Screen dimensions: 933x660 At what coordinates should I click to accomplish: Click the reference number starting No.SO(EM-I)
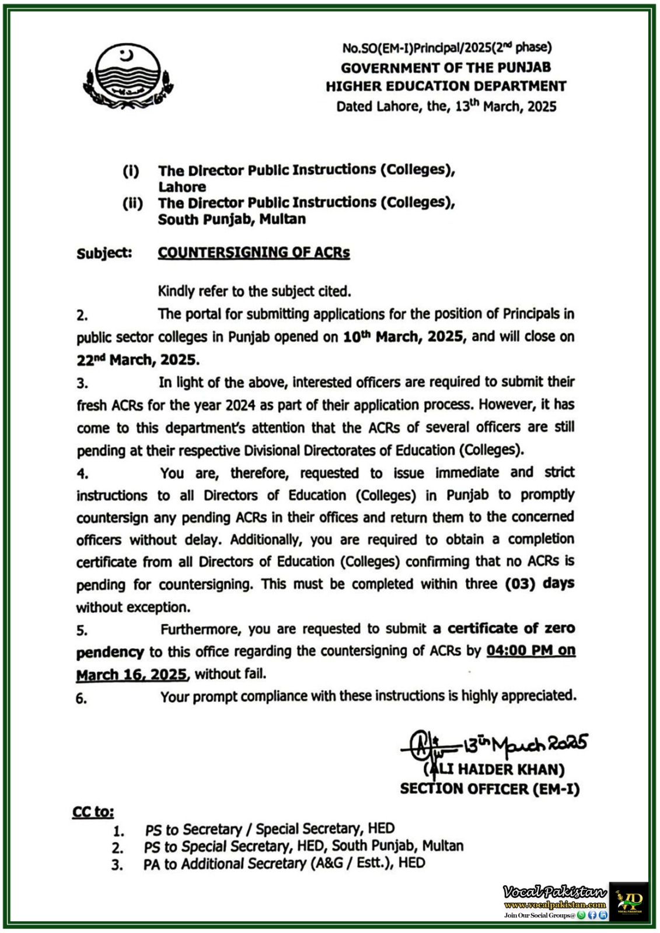[x=446, y=47]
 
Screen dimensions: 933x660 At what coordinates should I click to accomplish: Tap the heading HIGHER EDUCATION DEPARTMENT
[x=446, y=86]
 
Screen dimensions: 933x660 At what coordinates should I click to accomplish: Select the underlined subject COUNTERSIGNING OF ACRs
[x=254, y=252]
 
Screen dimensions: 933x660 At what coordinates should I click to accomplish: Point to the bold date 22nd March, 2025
[x=138, y=360]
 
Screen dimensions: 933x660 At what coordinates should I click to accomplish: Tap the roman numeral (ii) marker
[x=132, y=204]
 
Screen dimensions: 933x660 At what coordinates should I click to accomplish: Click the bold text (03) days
[x=539, y=584]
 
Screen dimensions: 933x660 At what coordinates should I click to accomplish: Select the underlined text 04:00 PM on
[x=530, y=651]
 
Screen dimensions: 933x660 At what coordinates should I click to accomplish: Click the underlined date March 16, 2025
[x=132, y=675]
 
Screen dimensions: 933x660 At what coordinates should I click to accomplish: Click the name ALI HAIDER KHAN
[x=497, y=770]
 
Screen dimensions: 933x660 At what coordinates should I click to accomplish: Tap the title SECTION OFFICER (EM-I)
[x=490, y=789]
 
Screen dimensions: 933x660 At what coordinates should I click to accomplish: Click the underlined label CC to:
[x=93, y=812]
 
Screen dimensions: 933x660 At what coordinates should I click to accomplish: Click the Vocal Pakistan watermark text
[x=554, y=892]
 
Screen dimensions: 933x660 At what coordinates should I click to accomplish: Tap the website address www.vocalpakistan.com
[x=554, y=904]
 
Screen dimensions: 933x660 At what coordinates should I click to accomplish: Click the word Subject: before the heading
[x=104, y=253]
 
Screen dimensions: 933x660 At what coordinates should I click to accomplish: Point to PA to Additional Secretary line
[x=284, y=863]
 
